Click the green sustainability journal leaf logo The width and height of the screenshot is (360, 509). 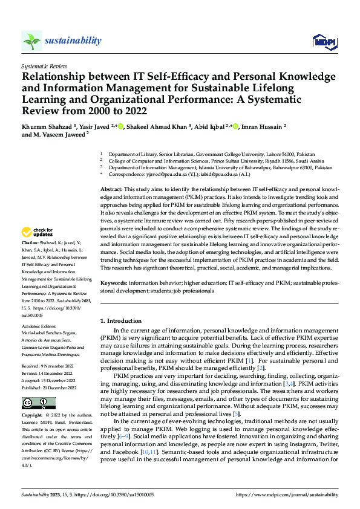pos(32,41)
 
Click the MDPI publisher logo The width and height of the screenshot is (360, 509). pos(324,41)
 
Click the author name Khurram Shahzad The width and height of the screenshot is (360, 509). pos(46,126)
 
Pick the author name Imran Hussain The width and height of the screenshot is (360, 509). pos(261,126)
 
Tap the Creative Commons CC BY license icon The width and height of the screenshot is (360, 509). pos(39,386)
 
